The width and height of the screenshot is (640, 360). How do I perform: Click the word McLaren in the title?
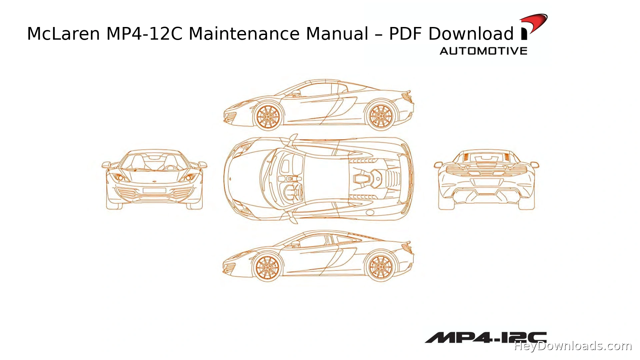click(x=63, y=34)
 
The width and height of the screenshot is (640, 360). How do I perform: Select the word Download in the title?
click(x=471, y=34)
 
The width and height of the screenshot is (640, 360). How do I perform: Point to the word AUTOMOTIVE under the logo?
click(x=483, y=51)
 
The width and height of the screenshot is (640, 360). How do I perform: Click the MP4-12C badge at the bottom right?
click(x=486, y=337)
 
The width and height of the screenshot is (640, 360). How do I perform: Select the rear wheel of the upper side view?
click(x=380, y=116)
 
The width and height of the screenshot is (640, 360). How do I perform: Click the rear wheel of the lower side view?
click(x=380, y=267)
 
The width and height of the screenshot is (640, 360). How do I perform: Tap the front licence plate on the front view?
click(x=154, y=190)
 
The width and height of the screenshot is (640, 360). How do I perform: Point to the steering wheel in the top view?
click(x=293, y=193)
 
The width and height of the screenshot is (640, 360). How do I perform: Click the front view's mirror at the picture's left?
click(x=106, y=165)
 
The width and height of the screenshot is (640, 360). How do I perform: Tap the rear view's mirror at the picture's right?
click(x=535, y=165)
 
